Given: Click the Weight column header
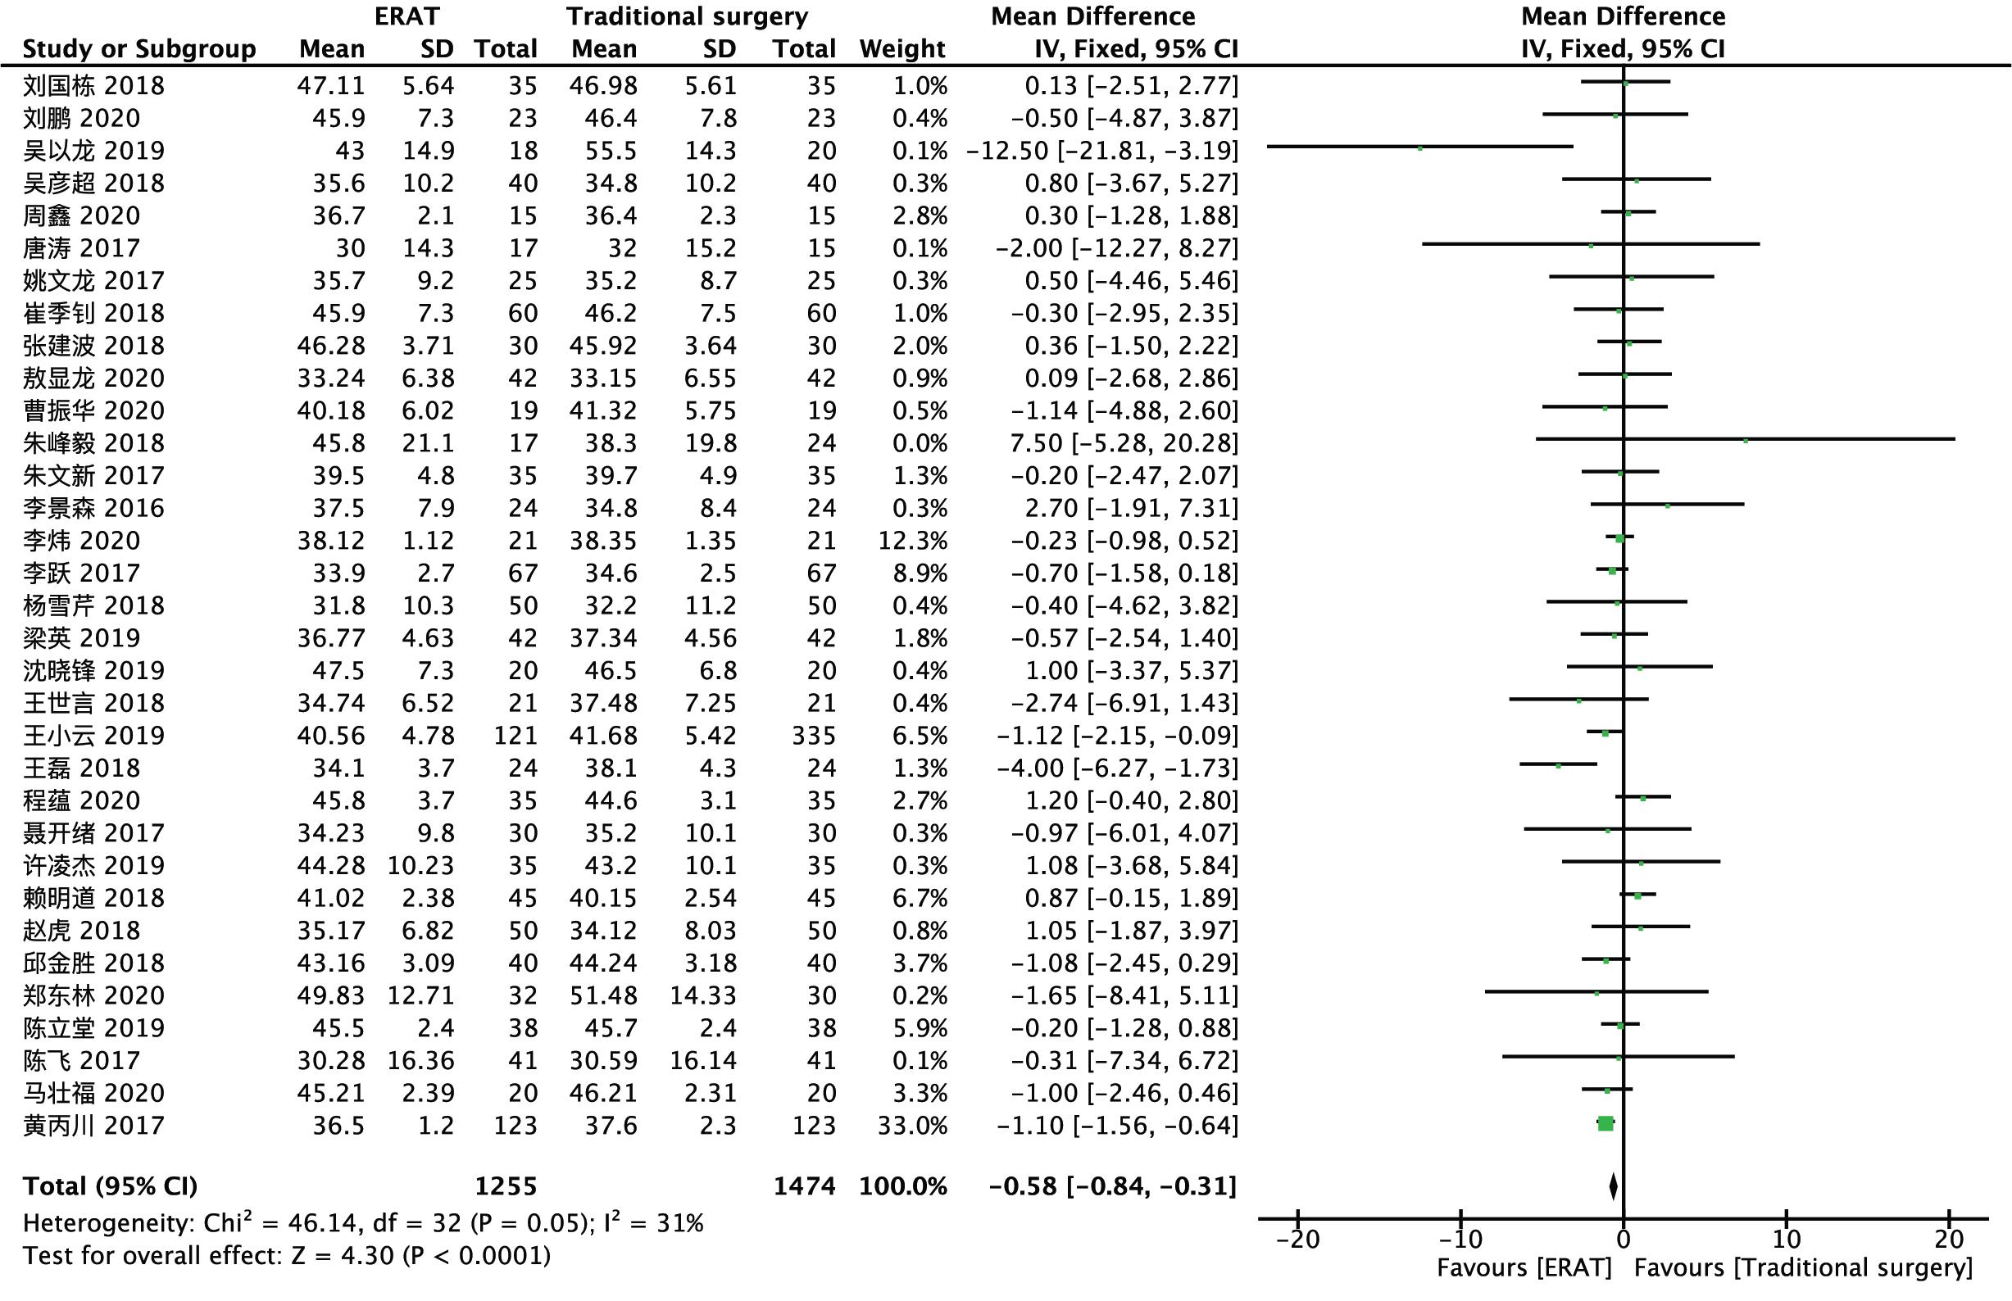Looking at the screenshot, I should (902, 49).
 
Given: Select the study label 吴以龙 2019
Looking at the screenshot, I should (93, 151).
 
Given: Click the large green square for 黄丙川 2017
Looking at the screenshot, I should (1606, 1123).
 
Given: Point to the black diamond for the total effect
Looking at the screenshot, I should (1613, 1186).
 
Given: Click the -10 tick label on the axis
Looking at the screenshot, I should (1461, 1240).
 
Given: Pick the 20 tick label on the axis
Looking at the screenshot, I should (1949, 1240).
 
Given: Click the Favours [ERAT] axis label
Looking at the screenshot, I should (1524, 1268).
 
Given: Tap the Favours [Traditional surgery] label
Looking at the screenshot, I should (1803, 1268).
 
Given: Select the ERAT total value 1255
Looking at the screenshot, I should (506, 1186).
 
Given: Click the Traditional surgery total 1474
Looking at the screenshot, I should (805, 1186).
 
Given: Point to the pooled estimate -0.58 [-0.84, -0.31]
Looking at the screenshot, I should (1113, 1186).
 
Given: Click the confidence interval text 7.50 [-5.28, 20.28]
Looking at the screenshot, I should (1124, 442).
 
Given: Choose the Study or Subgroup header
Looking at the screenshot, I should (139, 49).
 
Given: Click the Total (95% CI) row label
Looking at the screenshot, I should (110, 1186).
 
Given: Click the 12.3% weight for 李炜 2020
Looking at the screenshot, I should (912, 541).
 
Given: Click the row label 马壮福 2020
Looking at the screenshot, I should (93, 1093).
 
